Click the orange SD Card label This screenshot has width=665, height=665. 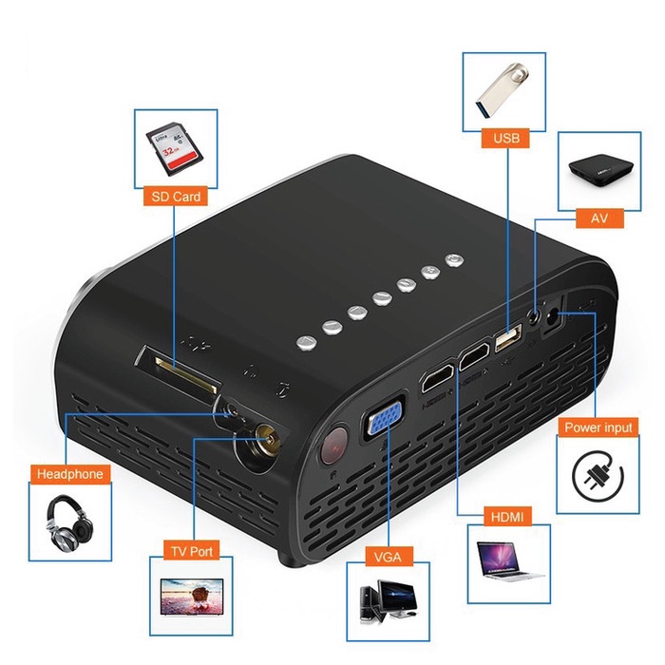[175, 198]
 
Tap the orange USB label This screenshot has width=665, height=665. [506, 140]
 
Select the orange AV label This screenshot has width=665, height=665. [599, 218]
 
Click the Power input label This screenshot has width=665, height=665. [598, 427]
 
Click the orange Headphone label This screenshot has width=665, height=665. [68, 473]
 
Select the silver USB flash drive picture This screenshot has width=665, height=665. [505, 91]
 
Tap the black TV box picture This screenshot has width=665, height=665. [598, 172]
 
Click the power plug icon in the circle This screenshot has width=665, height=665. [600, 478]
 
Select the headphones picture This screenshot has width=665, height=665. [68, 522]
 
